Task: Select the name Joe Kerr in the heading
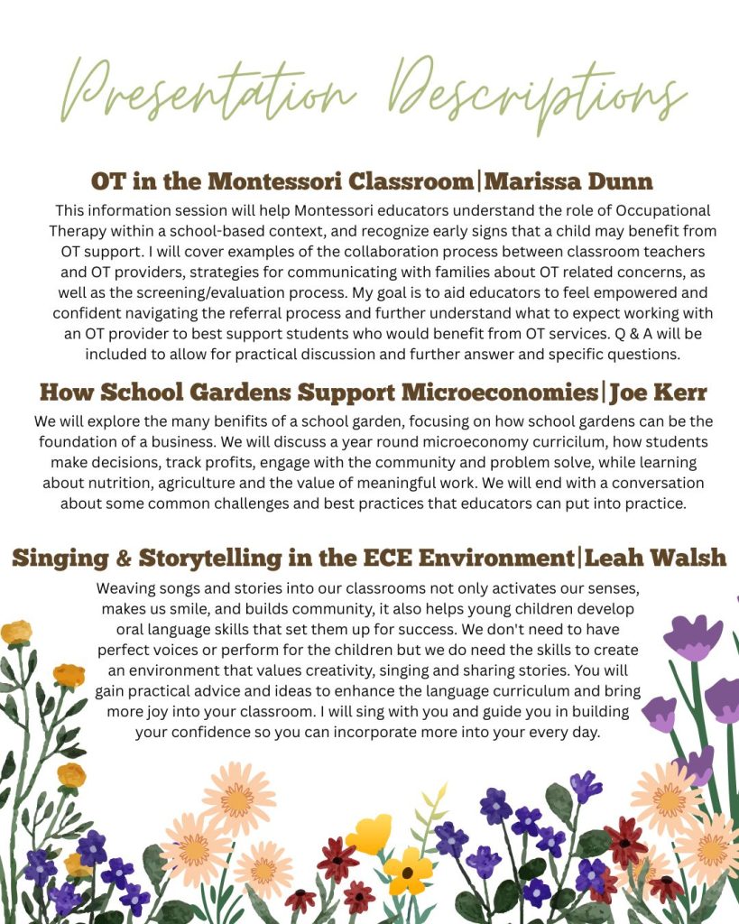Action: (658, 393)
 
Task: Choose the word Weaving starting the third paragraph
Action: (126, 587)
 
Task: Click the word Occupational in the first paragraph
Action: (646, 209)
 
